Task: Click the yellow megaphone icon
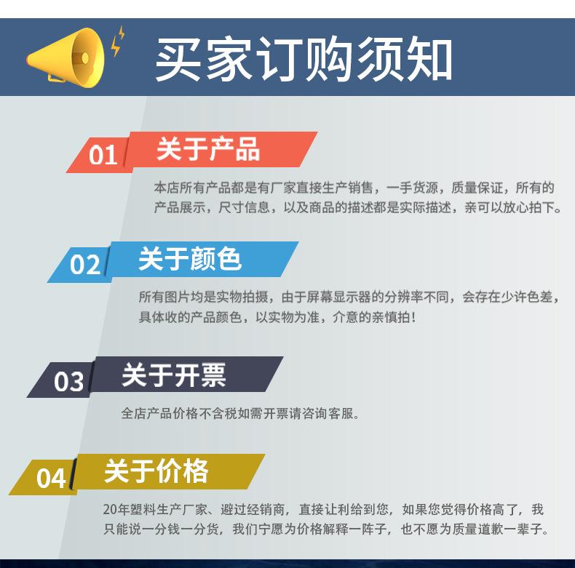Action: click(x=66, y=58)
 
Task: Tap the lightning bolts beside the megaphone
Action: click(x=118, y=41)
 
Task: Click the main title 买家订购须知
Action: click(x=304, y=59)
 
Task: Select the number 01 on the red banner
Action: click(x=103, y=155)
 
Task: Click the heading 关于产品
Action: click(x=208, y=149)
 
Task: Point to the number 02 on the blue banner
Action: click(x=84, y=264)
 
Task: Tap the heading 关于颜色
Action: click(x=190, y=259)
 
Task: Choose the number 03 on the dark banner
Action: click(x=68, y=382)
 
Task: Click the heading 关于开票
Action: click(x=173, y=375)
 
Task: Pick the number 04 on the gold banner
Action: click(x=52, y=479)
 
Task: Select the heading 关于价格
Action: click(x=156, y=471)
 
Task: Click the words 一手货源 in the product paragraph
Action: click(x=412, y=188)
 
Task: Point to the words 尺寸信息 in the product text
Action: click(x=245, y=207)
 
